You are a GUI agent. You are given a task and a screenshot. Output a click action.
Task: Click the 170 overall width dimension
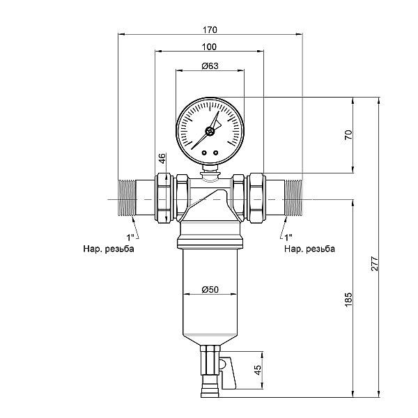tap(210, 29)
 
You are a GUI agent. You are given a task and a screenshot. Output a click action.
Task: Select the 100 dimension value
tap(209, 47)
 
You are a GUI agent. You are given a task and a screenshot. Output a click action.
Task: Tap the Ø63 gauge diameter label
tap(210, 65)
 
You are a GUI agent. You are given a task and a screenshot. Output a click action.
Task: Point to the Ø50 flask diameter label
tap(210, 289)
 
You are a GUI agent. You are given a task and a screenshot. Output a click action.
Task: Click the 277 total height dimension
tap(375, 263)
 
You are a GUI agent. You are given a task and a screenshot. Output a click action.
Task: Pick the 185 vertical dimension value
tap(348, 300)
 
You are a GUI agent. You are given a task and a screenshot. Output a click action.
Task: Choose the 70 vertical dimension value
tap(348, 134)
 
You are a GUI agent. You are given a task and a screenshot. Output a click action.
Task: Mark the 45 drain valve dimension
tap(258, 370)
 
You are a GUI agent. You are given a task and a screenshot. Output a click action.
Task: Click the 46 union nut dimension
tap(162, 158)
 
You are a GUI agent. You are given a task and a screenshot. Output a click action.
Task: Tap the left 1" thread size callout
tap(130, 237)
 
